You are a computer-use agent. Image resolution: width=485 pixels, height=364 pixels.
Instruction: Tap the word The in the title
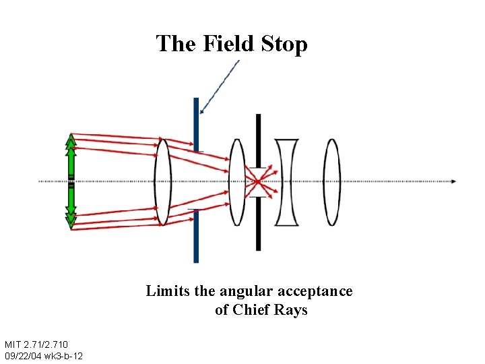176,44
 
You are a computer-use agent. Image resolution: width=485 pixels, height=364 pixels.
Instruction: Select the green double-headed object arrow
71,181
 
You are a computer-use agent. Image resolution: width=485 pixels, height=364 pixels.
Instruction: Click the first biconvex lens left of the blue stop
162,181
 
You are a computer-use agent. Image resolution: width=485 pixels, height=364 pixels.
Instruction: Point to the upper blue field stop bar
196,125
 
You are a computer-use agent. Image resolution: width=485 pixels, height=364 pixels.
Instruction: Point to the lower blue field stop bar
196,236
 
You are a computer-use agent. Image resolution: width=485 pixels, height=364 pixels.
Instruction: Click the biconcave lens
286,182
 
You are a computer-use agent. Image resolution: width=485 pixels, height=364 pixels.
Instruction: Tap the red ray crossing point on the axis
257,181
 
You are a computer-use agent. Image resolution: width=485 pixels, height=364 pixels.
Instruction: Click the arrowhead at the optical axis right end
453,181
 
